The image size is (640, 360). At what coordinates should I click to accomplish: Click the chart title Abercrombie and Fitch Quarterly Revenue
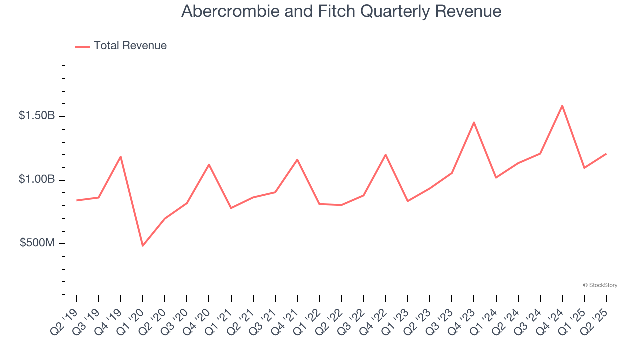pos(341,11)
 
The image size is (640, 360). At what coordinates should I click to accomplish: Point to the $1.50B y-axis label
pos(37,116)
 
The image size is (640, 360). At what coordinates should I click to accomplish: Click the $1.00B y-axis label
pos(37,179)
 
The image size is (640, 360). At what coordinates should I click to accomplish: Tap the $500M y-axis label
pos(37,243)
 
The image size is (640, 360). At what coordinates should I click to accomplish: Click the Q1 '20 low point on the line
pos(143,246)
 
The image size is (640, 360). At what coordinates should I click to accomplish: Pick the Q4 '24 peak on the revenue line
pos(562,106)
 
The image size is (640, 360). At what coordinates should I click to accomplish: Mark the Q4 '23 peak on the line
pos(474,122)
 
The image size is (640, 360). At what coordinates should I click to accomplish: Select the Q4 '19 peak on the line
pos(121,157)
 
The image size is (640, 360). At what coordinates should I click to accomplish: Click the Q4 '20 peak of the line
pos(209,164)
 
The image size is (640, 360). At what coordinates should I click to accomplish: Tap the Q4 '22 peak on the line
pos(386,155)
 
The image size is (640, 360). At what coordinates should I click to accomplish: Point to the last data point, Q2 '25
pos(606,154)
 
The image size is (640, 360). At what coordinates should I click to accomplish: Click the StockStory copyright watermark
pos(600,285)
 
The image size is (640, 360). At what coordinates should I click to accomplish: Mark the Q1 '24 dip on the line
pos(496,178)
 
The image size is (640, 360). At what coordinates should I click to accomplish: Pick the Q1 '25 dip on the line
pos(584,168)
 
